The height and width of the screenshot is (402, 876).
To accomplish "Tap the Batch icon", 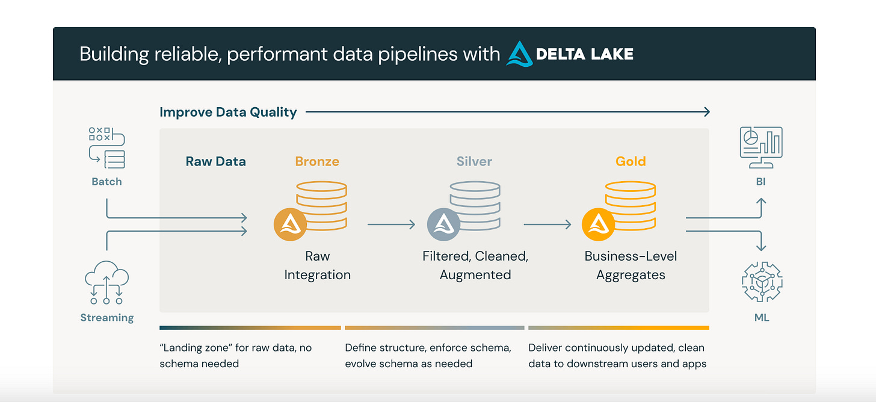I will (x=107, y=147).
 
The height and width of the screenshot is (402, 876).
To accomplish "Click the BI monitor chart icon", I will (x=761, y=147).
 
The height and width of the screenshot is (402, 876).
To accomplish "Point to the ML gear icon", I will (x=761, y=282).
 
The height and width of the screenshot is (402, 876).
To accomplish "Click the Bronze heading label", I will (x=317, y=161).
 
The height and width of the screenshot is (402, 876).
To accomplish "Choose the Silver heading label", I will (x=474, y=161).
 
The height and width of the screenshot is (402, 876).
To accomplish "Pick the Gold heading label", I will (x=631, y=161).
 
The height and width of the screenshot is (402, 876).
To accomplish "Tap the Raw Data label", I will (x=215, y=161).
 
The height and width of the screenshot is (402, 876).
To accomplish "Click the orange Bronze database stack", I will (x=321, y=205).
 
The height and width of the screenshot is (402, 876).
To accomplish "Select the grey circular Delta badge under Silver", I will (x=443, y=224).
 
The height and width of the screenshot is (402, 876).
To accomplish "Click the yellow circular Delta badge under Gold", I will (x=598, y=224).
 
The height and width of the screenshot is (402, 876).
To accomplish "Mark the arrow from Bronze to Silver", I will (x=391, y=224).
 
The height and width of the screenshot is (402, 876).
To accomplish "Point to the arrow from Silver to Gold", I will (x=547, y=224).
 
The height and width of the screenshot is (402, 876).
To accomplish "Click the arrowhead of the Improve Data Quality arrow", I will (x=707, y=111).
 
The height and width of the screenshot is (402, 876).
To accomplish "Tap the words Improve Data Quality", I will (x=228, y=112).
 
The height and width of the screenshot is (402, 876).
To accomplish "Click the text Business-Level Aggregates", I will (x=631, y=265).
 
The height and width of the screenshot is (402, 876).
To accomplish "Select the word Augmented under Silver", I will (x=475, y=275).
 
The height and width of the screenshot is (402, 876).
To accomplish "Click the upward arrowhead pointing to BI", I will (x=761, y=202).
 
